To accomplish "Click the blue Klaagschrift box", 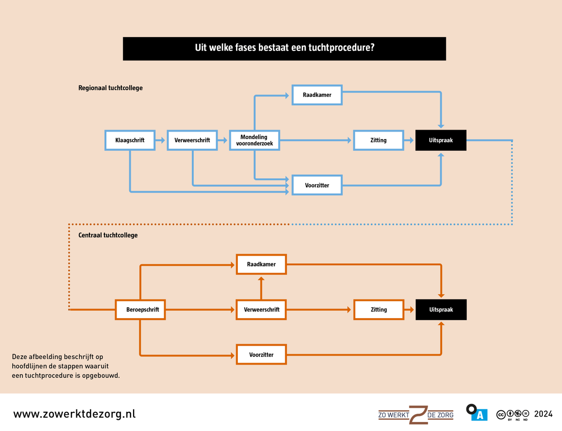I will [x=129, y=140].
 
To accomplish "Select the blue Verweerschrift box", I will [x=192, y=140].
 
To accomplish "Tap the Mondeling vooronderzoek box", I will [x=254, y=140].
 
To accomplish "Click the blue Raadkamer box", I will [x=317, y=95].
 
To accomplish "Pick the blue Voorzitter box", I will [x=317, y=185].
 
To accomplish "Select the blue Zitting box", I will [x=378, y=140].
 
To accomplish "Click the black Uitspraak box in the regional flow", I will [x=441, y=140].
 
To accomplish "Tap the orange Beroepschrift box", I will [x=140, y=310].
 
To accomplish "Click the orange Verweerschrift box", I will [x=261, y=310].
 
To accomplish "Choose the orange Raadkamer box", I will [x=261, y=264].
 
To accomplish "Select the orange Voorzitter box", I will [x=261, y=355].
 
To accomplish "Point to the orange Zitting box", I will [x=378, y=310].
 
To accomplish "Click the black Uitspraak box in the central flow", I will [x=441, y=310].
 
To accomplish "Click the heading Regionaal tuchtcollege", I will [x=111, y=88].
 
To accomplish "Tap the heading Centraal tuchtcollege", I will [x=108, y=235].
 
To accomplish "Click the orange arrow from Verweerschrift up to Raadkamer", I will [x=261, y=288].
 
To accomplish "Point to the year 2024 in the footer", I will [x=543, y=414].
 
